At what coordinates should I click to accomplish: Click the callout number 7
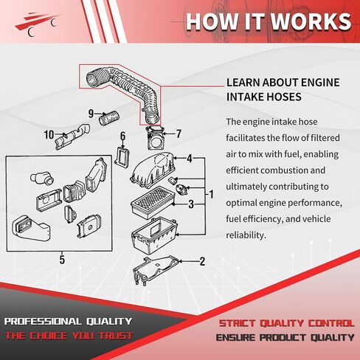179,134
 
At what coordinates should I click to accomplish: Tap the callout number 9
91,114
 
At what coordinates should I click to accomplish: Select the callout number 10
49,134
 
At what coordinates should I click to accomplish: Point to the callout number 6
122,136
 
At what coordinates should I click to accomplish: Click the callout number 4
190,159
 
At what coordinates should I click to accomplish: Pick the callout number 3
191,204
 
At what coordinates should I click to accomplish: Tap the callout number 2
202,261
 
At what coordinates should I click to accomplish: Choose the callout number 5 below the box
62,260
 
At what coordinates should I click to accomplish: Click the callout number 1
211,195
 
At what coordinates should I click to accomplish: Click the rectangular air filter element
153,202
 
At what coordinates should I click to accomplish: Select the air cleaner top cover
153,170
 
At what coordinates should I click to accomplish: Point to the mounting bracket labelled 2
156,270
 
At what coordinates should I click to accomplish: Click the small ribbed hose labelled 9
108,118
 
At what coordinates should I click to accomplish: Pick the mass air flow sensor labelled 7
155,138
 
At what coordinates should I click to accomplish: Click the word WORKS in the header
311,21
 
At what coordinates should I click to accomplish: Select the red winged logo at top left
37,24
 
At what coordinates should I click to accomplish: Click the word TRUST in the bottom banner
116,336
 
